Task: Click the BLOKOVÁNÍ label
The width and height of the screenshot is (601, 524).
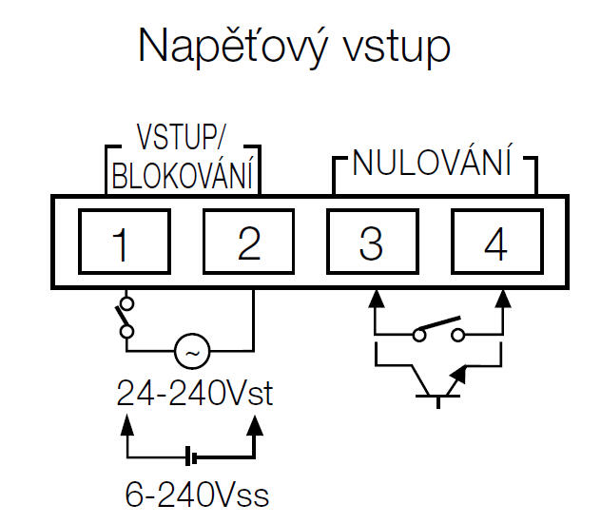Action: click(x=183, y=176)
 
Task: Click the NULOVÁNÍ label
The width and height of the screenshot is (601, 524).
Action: click(x=433, y=164)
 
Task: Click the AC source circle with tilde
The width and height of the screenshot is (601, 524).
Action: click(x=191, y=353)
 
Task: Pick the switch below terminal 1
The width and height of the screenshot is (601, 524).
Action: click(x=123, y=318)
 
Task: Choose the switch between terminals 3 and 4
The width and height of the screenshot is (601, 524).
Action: click(x=437, y=334)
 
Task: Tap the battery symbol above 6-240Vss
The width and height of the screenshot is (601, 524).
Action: click(x=194, y=458)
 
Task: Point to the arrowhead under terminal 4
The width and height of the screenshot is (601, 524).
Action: click(x=501, y=298)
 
